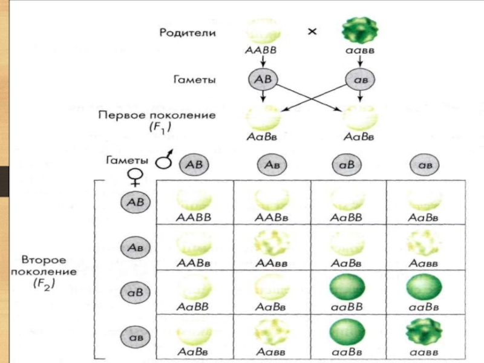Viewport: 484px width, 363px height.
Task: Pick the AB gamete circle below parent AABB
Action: click(263, 80)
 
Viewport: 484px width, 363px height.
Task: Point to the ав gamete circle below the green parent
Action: click(361, 80)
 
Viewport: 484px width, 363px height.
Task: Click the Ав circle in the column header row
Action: click(272, 164)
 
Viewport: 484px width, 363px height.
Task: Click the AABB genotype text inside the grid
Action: click(194, 216)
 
